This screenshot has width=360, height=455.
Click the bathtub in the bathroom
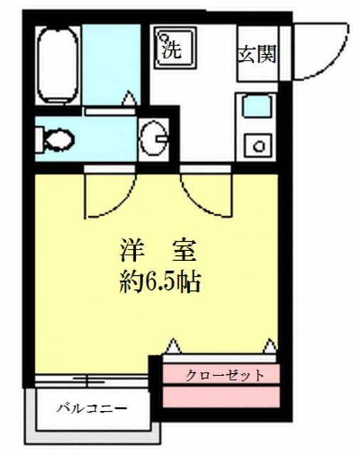pos(57,64)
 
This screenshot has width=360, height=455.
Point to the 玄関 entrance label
pos(255,54)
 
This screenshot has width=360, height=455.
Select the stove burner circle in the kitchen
pos(259,147)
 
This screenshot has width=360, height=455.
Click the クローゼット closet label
pos(225,375)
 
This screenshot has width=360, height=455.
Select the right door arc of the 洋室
pos(206,195)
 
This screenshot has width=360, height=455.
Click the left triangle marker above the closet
pos(173,346)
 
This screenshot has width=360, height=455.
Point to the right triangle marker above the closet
pos(270,346)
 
